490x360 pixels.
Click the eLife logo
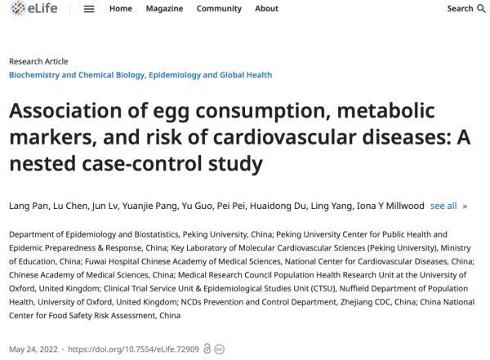33,8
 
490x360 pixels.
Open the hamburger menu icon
89,9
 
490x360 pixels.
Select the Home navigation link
121,8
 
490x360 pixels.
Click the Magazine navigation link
164,8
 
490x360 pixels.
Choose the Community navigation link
219,9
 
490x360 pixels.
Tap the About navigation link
266,8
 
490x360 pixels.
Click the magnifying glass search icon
482,9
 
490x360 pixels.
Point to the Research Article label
38,61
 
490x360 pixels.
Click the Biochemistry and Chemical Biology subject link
77,75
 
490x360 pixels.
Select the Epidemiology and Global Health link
211,75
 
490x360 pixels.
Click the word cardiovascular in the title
284,137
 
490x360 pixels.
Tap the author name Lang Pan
29,206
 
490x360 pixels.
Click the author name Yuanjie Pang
149,207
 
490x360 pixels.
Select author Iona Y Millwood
390,206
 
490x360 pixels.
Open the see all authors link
448,206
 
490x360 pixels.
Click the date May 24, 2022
33,349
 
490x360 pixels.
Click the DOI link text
133,349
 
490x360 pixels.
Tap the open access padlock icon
207,349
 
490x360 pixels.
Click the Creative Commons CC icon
220,349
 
